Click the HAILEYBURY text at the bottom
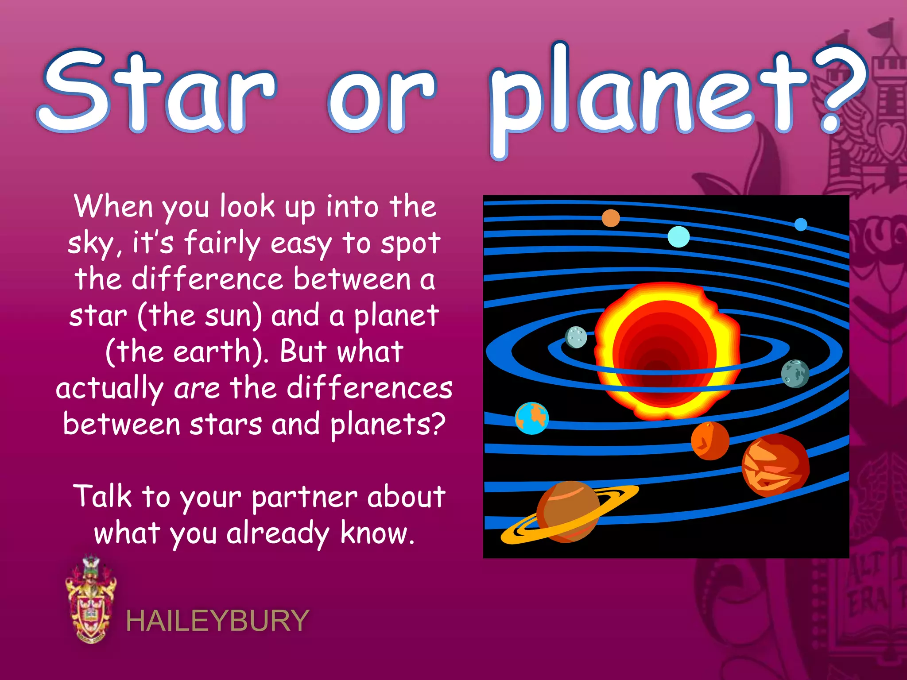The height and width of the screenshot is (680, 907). point(217,621)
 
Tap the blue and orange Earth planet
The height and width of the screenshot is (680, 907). point(532,418)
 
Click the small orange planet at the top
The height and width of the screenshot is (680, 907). point(611,218)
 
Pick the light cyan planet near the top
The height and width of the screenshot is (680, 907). point(678,237)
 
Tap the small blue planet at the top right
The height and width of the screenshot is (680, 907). point(801,224)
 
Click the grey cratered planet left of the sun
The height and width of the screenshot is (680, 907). point(576,337)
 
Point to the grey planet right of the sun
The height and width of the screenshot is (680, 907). point(795,374)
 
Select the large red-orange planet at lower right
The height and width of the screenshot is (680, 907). point(775,465)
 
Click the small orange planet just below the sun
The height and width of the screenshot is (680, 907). point(710,441)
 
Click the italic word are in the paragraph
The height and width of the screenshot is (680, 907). point(197,389)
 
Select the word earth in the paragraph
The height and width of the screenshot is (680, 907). point(213,352)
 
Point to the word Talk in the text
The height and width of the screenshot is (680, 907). point(103,496)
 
